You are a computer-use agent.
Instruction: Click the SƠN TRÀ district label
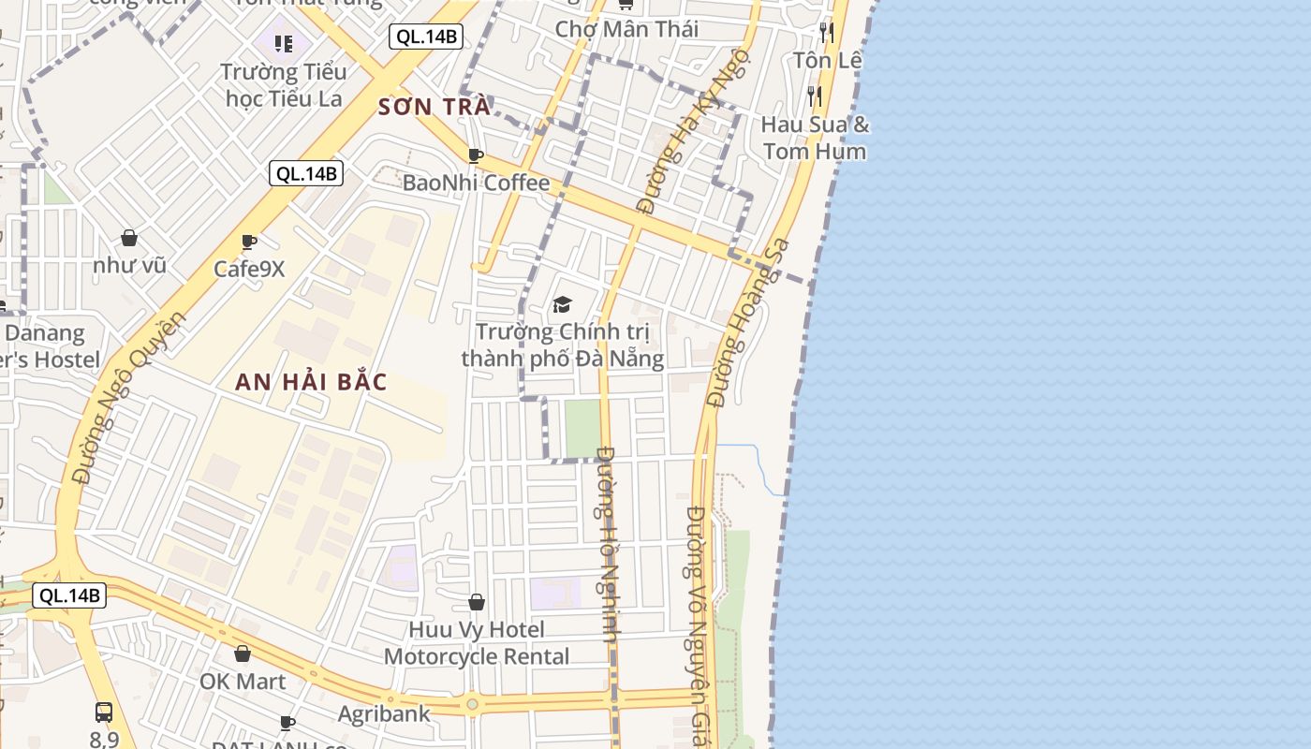coord(434,107)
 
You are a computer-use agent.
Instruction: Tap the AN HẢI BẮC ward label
coord(311,382)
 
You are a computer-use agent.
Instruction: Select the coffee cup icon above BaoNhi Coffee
coord(476,154)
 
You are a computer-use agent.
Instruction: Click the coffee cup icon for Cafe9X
coord(249,242)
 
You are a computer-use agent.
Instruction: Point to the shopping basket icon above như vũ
coord(129,238)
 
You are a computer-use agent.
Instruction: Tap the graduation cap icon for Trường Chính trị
coord(562,304)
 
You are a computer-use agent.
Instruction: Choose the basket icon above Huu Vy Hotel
coord(477,601)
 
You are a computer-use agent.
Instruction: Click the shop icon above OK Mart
coord(243,653)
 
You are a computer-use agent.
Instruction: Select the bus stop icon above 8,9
coord(104,712)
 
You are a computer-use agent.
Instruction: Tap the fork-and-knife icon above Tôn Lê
coord(826,33)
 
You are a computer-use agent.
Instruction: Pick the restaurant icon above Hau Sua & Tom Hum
coord(815,95)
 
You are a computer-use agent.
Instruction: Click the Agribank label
coord(384,713)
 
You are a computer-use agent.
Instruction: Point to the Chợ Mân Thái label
coord(626,29)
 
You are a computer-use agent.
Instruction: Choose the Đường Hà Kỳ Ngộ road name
coord(693,128)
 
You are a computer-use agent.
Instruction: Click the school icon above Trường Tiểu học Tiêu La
coord(284,43)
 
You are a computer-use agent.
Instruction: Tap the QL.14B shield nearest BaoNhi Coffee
coord(306,173)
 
